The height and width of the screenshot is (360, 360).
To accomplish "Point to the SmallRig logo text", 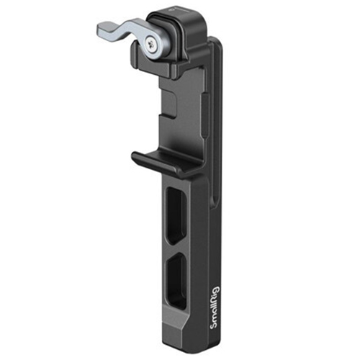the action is coord(215,308).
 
